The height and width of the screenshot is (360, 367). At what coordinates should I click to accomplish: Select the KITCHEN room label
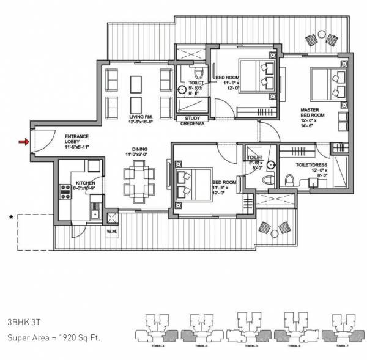pyautogui.click(x=84, y=182)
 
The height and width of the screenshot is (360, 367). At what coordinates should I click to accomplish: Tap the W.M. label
pyautogui.click(x=111, y=230)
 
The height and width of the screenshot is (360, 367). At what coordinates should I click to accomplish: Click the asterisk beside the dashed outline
pyautogui.click(x=10, y=216)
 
